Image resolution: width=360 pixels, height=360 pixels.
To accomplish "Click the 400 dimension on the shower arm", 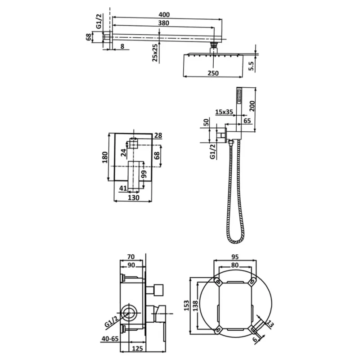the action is click(x=164, y=15).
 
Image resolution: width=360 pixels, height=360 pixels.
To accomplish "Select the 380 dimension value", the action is click(x=163, y=23).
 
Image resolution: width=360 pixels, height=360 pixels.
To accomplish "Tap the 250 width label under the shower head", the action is click(x=213, y=73).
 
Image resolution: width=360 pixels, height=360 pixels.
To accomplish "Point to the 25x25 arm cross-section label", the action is click(x=155, y=53).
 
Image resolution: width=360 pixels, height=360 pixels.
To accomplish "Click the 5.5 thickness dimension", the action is click(x=251, y=66).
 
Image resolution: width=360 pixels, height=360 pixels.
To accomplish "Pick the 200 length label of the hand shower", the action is click(x=252, y=106).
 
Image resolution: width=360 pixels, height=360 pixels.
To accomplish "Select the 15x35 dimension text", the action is click(x=224, y=112).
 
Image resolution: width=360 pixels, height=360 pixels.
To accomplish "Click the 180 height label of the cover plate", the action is click(x=105, y=157).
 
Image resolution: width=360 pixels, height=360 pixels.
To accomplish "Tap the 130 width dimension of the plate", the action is click(x=134, y=198).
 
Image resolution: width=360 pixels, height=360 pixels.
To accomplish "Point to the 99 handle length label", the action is click(x=144, y=175).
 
